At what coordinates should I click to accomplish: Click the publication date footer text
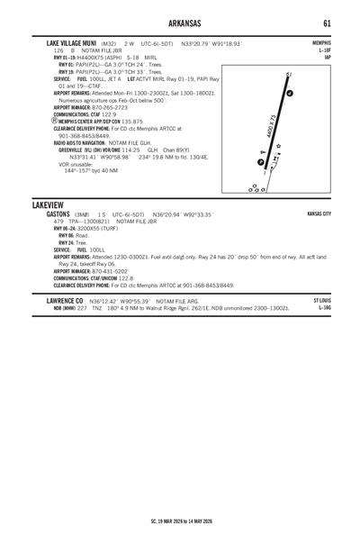pyautogui.click(x=179, y=521)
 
